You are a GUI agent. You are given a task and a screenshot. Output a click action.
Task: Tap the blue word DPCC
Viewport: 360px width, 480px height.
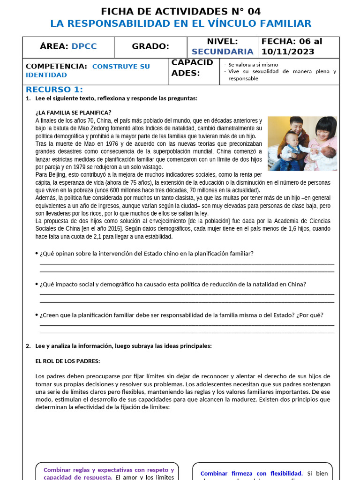point(84,46)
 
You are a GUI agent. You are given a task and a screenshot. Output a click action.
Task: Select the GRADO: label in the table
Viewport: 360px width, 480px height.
point(150,46)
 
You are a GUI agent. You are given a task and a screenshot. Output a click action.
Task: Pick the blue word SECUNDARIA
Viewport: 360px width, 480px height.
point(222,52)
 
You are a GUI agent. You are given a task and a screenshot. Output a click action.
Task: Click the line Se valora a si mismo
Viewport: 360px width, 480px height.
point(253,65)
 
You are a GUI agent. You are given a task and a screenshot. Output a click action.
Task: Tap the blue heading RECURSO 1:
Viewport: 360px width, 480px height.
point(54,90)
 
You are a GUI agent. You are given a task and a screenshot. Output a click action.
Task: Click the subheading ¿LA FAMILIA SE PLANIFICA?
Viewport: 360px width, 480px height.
point(74,112)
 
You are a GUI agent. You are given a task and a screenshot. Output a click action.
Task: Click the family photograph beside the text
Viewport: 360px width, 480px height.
point(302,143)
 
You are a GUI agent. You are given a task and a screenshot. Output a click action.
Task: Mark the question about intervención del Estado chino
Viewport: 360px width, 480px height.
point(147,254)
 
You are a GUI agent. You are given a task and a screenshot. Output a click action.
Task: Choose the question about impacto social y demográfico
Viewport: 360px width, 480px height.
point(173,284)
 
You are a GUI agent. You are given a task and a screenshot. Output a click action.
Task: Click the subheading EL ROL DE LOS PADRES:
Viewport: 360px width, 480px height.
point(67,361)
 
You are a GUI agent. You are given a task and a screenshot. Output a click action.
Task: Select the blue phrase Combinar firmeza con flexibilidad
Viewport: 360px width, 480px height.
point(251,473)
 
